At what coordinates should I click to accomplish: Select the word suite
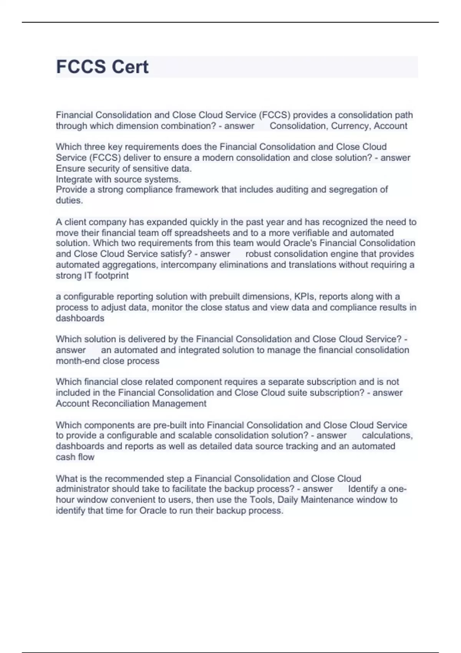[291, 393]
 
